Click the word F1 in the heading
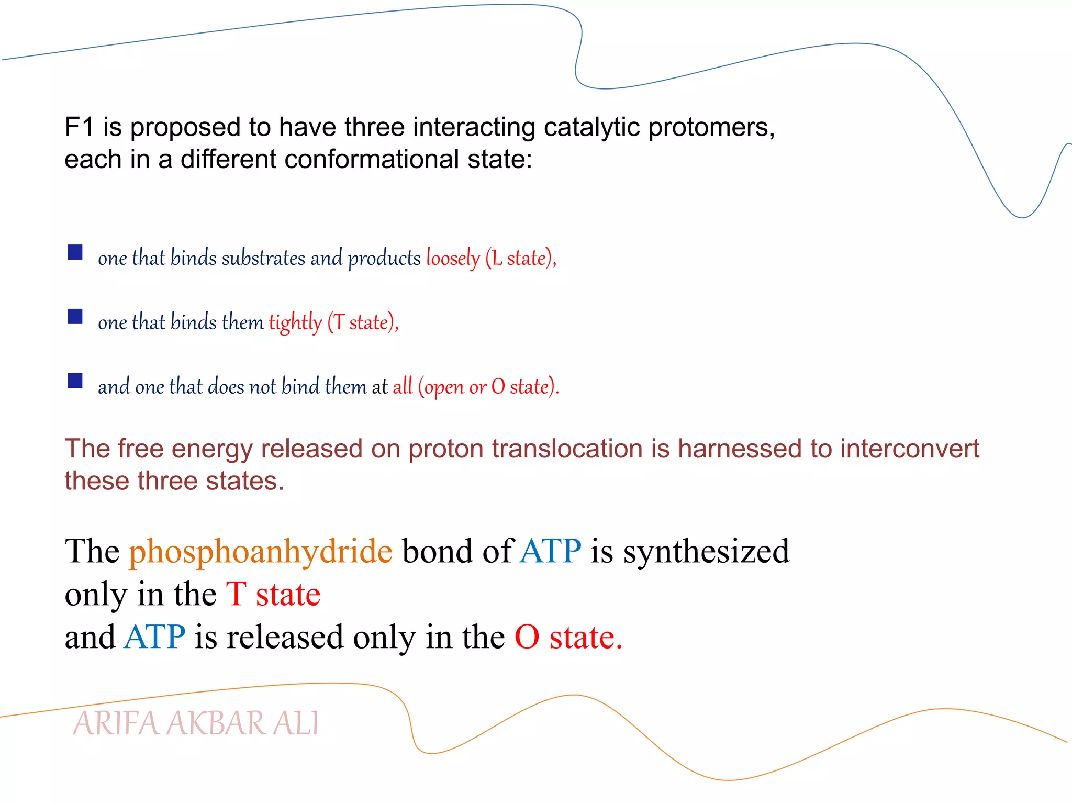coord(79,127)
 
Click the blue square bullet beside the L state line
coord(75,253)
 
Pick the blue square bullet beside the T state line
coord(75,317)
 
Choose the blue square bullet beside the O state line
coord(75,381)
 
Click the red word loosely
coord(453,258)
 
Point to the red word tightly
coord(295,322)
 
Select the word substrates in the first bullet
coord(263,258)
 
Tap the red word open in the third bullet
coord(444,387)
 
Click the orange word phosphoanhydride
coord(260,552)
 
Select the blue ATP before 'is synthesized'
coord(550,551)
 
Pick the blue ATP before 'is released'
coord(154,637)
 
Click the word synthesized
coord(706,552)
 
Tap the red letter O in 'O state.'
coord(527,637)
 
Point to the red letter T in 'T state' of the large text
coord(236,595)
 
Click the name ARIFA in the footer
coord(116,724)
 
